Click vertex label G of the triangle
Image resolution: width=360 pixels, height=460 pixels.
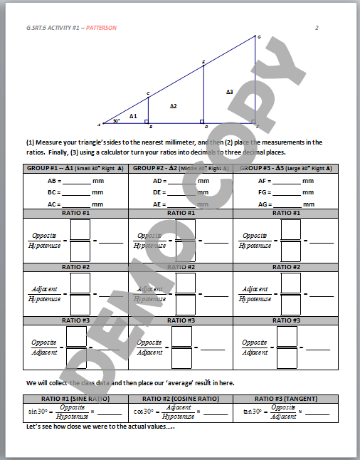[x=259, y=37]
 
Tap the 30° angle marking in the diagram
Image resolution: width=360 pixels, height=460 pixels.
[x=116, y=121]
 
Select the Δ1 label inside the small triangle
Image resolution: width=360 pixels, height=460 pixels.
[x=133, y=115]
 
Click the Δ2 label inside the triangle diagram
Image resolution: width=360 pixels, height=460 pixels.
[x=173, y=106]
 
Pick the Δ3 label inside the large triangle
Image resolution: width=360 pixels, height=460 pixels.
[x=229, y=92]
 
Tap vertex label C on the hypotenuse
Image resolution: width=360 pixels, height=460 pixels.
[x=148, y=93]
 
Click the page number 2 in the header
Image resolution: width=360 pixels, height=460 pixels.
[x=317, y=28]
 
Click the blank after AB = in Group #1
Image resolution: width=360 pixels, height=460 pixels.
[x=77, y=182]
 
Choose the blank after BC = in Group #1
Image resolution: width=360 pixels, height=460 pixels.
[x=77, y=193]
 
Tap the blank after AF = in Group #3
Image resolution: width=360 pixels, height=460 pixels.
[x=286, y=182]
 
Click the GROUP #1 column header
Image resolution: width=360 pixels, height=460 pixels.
[x=76, y=168]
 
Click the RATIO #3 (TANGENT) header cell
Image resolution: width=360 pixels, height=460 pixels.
[x=285, y=398]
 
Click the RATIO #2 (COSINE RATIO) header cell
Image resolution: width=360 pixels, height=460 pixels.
[x=181, y=398]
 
